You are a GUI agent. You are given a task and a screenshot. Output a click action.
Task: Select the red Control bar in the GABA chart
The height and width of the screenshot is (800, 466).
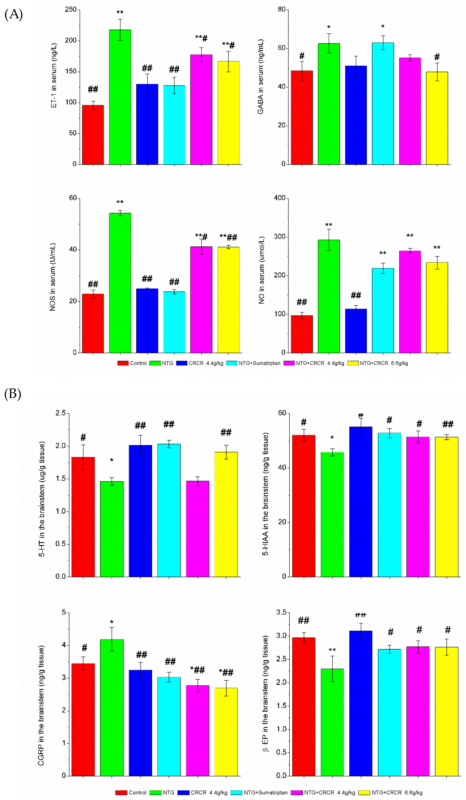click(x=302, y=117)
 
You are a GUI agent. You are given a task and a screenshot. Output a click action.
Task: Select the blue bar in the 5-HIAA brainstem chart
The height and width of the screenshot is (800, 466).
click(x=361, y=502)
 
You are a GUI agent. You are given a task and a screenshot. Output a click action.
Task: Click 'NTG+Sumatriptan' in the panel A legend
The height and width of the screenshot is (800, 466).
click(x=259, y=363)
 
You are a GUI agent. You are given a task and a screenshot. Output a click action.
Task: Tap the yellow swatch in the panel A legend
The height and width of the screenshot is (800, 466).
click(x=353, y=363)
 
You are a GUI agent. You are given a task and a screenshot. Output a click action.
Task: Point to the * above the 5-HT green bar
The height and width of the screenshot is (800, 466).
click(x=112, y=460)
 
